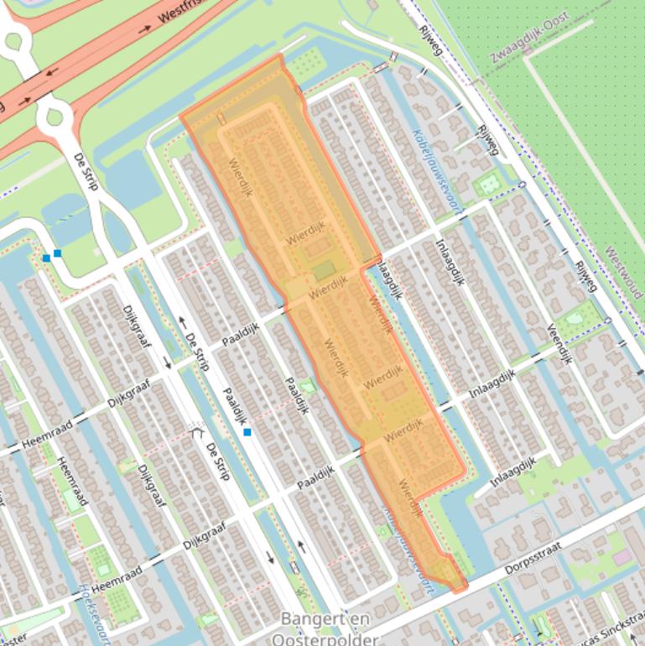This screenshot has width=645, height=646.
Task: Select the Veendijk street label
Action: [559, 343]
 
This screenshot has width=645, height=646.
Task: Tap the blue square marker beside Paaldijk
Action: [247, 432]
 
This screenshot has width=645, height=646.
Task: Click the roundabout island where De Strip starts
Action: [55, 116]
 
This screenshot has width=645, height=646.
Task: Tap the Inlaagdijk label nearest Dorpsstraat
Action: [513, 473]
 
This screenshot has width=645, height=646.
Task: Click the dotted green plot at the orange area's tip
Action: [307, 63]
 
